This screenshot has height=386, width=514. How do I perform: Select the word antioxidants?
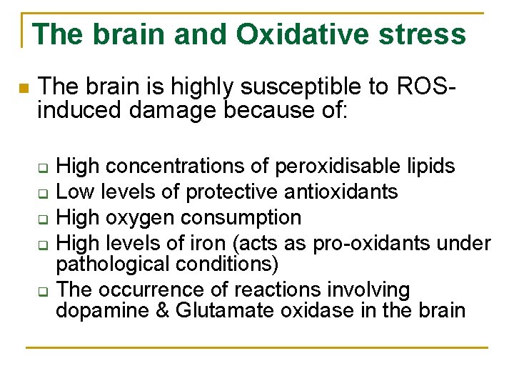coord(361,192)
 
